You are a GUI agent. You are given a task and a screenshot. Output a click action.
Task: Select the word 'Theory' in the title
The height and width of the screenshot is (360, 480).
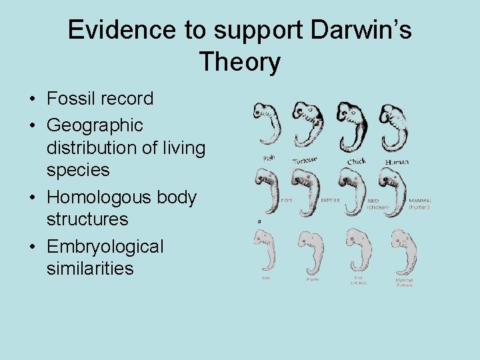coord(239,63)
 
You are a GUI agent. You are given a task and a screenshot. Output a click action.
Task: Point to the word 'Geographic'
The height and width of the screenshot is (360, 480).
coord(95,125)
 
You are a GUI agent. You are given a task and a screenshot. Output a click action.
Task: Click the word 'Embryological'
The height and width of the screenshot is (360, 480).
coord(105,247)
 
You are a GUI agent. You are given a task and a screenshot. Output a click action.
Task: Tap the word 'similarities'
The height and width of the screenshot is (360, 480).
coord(90,269)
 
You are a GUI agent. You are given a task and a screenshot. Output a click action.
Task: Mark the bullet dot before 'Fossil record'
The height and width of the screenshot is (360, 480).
coord(32,99)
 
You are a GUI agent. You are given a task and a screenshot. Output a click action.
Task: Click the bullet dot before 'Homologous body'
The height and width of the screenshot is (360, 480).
coord(32,198)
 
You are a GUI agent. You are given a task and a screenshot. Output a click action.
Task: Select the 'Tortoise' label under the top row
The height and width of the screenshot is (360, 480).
coord(305,159)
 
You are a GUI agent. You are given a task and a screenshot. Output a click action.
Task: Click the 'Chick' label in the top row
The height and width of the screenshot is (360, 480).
coord(356,161)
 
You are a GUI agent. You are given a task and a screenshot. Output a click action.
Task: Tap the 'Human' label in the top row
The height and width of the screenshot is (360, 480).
coord(397,161)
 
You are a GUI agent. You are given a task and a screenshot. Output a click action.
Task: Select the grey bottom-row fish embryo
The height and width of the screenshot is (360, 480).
coord(267,251)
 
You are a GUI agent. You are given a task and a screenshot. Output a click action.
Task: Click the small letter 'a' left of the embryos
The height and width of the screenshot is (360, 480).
coord(259,221)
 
